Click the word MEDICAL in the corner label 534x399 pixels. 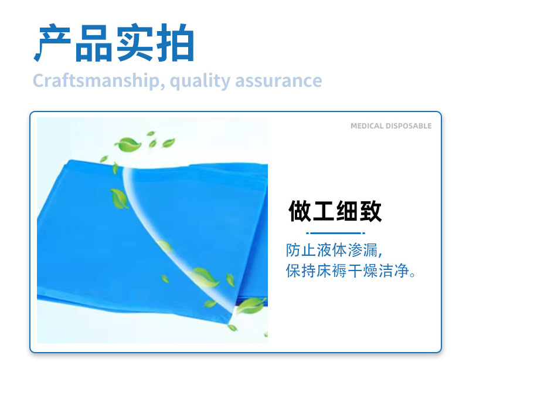coord(367,126)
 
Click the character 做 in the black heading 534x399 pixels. coord(300,212)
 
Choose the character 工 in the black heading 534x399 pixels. coord(323,212)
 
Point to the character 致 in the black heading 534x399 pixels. coord(370,212)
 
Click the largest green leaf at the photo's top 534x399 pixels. coord(127,144)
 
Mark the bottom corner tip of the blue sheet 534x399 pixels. coord(227,323)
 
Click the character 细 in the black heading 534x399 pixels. coord(346,212)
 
